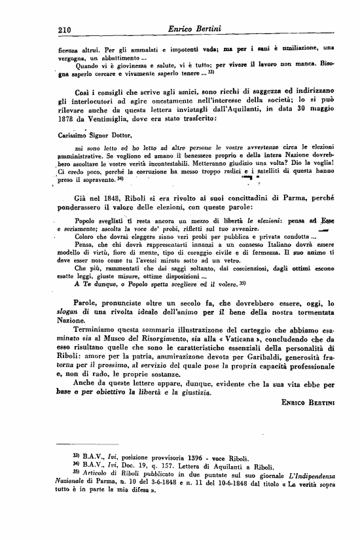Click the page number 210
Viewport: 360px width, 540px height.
[63, 29]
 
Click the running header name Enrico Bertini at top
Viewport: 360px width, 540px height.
[195, 28]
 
